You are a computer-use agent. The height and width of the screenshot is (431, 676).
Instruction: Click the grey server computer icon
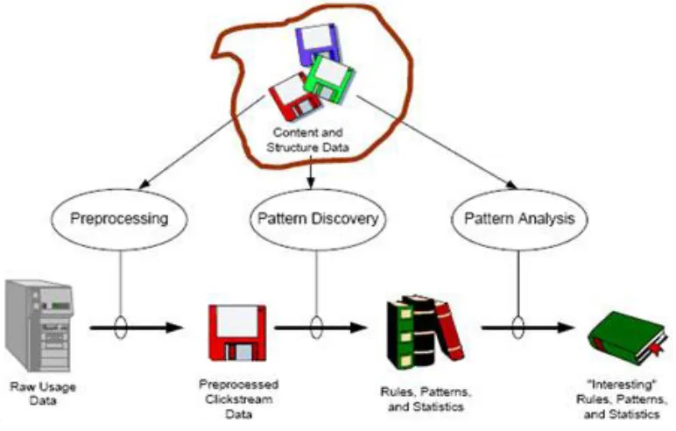pyautogui.click(x=39, y=326)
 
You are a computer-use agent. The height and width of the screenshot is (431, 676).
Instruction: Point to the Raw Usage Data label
pyautogui.click(x=43, y=393)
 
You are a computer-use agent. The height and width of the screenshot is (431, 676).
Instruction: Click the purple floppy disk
pyautogui.click(x=318, y=43)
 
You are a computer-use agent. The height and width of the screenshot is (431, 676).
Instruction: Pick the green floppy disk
pyautogui.click(x=330, y=79)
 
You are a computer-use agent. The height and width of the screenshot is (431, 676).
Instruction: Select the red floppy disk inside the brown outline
pyautogui.click(x=294, y=98)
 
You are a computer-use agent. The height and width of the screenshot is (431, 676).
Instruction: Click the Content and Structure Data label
pyautogui.click(x=307, y=140)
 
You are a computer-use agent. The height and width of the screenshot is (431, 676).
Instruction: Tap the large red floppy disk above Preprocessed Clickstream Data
pyautogui.click(x=237, y=333)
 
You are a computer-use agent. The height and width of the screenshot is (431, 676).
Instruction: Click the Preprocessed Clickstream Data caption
pyautogui.click(x=238, y=399)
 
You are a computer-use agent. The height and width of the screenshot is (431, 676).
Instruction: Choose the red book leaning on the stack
pyautogui.click(x=449, y=330)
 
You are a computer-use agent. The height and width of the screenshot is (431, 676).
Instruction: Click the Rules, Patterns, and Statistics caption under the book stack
pyautogui.click(x=426, y=399)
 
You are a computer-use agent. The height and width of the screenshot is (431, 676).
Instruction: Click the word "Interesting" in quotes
pyautogui.click(x=621, y=384)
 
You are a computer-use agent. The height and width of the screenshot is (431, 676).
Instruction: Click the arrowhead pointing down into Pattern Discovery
pyautogui.click(x=311, y=183)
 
